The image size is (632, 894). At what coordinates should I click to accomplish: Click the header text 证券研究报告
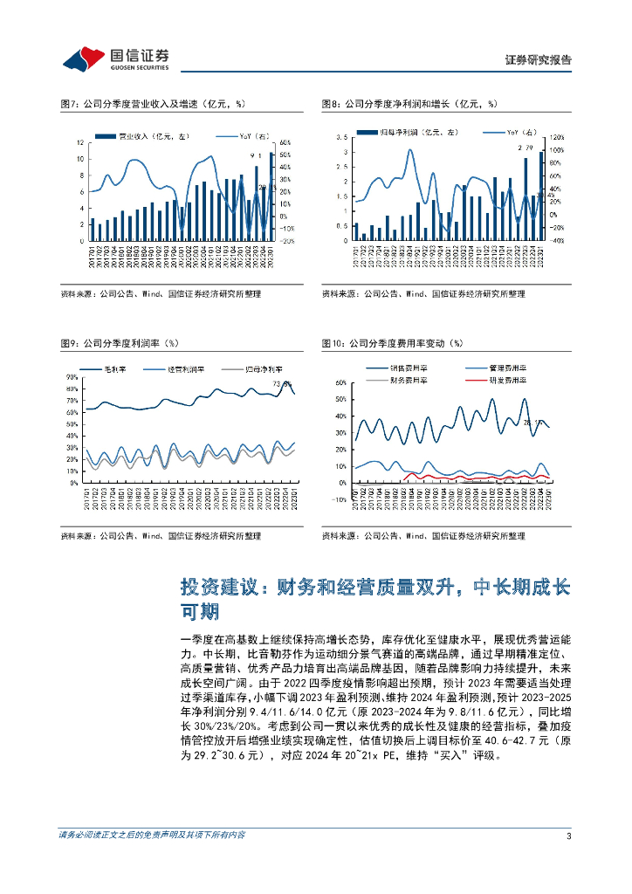click(x=539, y=60)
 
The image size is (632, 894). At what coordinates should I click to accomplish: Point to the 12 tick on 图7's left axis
click(x=80, y=142)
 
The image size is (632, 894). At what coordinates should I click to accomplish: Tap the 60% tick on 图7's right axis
click(x=285, y=142)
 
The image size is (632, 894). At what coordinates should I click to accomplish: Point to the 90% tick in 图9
click(x=72, y=377)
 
